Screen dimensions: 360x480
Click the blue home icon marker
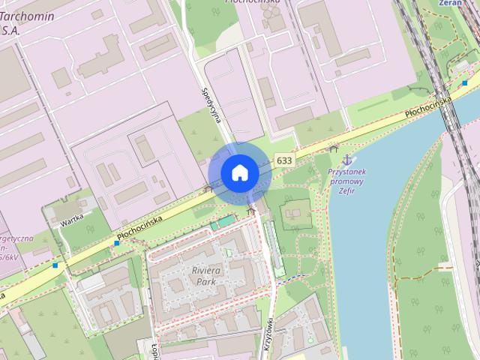click(x=239, y=173)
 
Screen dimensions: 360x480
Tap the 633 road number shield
click(x=284, y=160)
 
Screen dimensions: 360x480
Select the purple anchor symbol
click(x=346, y=160)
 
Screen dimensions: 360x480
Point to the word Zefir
click(x=346, y=190)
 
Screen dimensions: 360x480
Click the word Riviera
click(x=205, y=270)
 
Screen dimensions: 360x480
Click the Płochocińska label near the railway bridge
click(x=427, y=105)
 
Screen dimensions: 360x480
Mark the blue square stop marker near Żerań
click(x=465, y=82)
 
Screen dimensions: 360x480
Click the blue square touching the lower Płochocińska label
click(x=117, y=243)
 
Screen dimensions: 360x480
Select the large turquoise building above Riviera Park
click(x=223, y=223)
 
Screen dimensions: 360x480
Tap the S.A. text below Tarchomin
click(x=10, y=31)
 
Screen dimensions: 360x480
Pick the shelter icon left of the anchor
click(x=333, y=148)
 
